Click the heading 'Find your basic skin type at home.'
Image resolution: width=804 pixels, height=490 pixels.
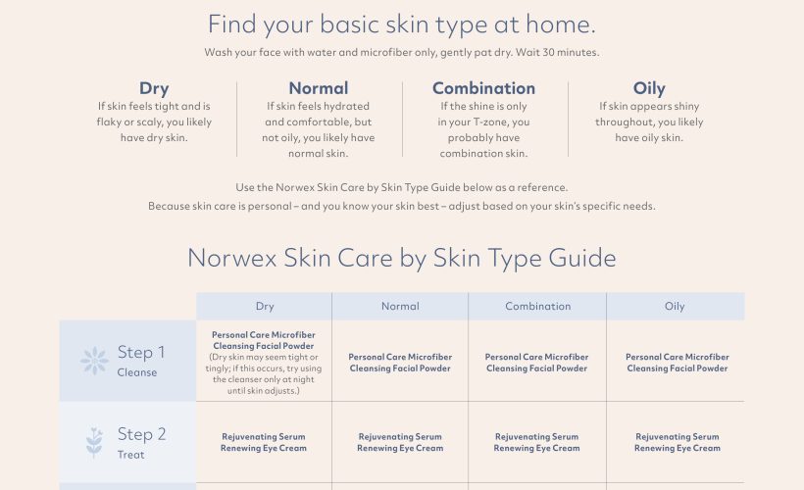click(x=401, y=25)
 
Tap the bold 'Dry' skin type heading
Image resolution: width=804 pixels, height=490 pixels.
click(x=154, y=88)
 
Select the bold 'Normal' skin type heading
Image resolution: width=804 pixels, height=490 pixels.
click(x=319, y=88)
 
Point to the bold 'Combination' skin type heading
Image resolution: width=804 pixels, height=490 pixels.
click(x=483, y=88)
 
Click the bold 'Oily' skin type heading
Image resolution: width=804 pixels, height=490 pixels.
click(x=649, y=88)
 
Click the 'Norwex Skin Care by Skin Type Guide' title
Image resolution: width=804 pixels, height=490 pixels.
click(x=401, y=258)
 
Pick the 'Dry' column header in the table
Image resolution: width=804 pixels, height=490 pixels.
click(x=265, y=306)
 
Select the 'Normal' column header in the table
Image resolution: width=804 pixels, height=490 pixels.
click(x=400, y=306)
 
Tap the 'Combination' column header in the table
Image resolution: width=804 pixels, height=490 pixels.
click(x=538, y=306)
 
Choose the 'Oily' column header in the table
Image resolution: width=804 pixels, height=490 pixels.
click(x=675, y=306)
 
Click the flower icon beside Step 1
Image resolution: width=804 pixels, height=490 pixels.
click(x=94, y=361)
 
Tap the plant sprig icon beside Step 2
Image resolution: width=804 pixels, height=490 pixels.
click(x=94, y=442)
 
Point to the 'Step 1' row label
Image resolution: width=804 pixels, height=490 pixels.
click(x=141, y=352)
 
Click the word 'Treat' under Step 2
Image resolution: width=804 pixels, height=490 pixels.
click(x=130, y=455)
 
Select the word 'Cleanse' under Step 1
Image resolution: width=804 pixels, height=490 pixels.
click(x=137, y=372)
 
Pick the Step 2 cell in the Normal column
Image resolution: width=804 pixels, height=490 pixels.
click(x=400, y=442)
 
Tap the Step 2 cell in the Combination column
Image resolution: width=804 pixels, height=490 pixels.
click(x=537, y=442)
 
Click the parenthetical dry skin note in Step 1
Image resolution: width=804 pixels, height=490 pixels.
click(x=264, y=373)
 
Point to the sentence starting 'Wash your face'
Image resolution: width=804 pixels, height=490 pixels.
click(x=401, y=52)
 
